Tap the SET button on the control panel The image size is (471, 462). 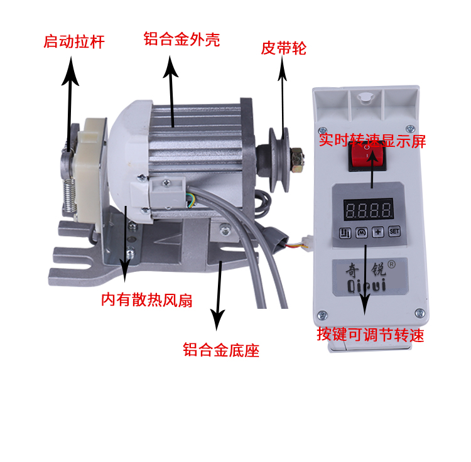tap(394, 232)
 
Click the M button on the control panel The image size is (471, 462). tap(362, 232)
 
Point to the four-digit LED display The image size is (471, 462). tap(368, 209)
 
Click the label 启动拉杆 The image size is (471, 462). tap(74, 41)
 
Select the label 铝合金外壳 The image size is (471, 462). tap(181, 40)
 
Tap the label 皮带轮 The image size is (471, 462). tap(283, 48)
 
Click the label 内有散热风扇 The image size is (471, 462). tap(146, 300)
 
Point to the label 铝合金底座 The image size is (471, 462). tap(221, 350)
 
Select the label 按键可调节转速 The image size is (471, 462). tap(370, 335)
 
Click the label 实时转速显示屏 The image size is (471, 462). tap(372, 140)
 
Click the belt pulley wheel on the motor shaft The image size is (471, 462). tap(279, 160)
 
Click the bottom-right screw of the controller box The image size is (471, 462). tap(420, 313)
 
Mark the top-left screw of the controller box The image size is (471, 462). tap(323, 131)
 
